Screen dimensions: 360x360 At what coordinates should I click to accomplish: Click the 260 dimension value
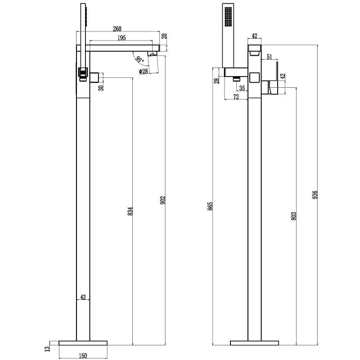pyautogui.click(x=117, y=29)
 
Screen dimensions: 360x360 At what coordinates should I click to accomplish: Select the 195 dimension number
pyautogui.click(x=121, y=38)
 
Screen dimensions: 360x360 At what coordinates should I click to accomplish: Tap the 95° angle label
pyautogui.click(x=139, y=59)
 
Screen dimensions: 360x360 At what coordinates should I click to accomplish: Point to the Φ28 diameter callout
pyautogui.click(x=144, y=72)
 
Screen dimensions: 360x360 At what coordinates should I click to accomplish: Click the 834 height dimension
pyautogui.click(x=130, y=211)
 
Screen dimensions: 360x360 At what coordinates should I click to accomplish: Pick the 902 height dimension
pyautogui.click(x=162, y=200)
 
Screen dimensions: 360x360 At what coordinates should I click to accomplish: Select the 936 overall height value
pyautogui.click(x=315, y=194)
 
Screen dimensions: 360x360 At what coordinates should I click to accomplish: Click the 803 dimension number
pyautogui.click(x=294, y=216)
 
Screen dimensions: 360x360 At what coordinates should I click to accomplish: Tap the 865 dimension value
pyautogui.click(x=210, y=206)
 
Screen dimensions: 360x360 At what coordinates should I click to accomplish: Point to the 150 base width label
pyautogui.click(x=83, y=356)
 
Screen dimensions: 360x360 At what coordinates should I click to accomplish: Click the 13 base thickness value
pyautogui.click(x=48, y=349)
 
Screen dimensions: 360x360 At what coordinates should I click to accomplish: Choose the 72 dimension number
pyautogui.click(x=236, y=97)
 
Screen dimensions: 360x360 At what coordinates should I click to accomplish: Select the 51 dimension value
pyautogui.click(x=269, y=57)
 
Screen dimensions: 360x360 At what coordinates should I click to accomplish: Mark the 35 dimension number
pyautogui.click(x=242, y=88)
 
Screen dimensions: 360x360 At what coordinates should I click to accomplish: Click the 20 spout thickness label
pyautogui.click(x=164, y=36)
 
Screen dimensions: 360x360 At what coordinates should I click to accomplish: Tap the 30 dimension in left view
pyautogui.click(x=101, y=88)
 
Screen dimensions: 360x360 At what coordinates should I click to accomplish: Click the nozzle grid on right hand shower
pyautogui.click(x=228, y=17)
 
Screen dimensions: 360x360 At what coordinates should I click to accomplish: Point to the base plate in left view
pyautogui.click(x=83, y=343)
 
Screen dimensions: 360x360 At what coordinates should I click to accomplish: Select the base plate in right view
pyautogui.click(x=254, y=343)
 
